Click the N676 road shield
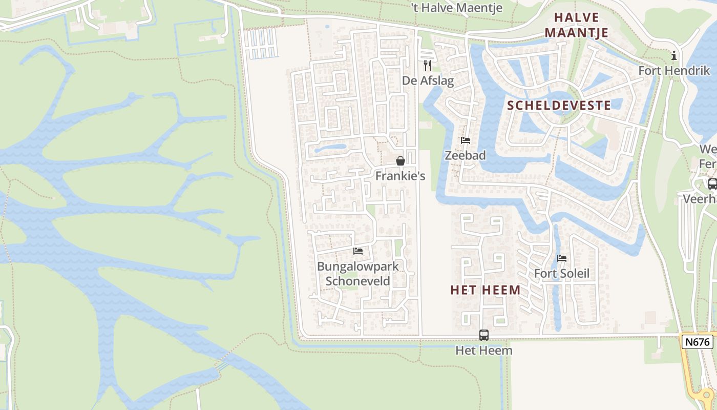[697, 341]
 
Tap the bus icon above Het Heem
[484, 335]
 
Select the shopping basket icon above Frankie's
[400, 161]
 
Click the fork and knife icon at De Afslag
[428, 66]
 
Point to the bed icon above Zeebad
[465, 140]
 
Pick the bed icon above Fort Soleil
[562, 258]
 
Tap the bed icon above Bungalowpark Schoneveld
[358, 251]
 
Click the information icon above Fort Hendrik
[674, 55]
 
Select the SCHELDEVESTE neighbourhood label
[559, 106]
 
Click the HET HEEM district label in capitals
[486, 290]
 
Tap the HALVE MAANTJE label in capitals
[576, 25]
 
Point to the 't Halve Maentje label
[457, 8]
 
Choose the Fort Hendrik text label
[674, 71]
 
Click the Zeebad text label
[465, 155]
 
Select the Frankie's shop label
[400, 176]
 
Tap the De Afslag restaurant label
[428, 80]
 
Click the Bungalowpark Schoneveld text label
[358, 273]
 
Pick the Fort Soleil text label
[562, 273]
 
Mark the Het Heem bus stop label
[484, 351]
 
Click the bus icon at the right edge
[712, 183]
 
